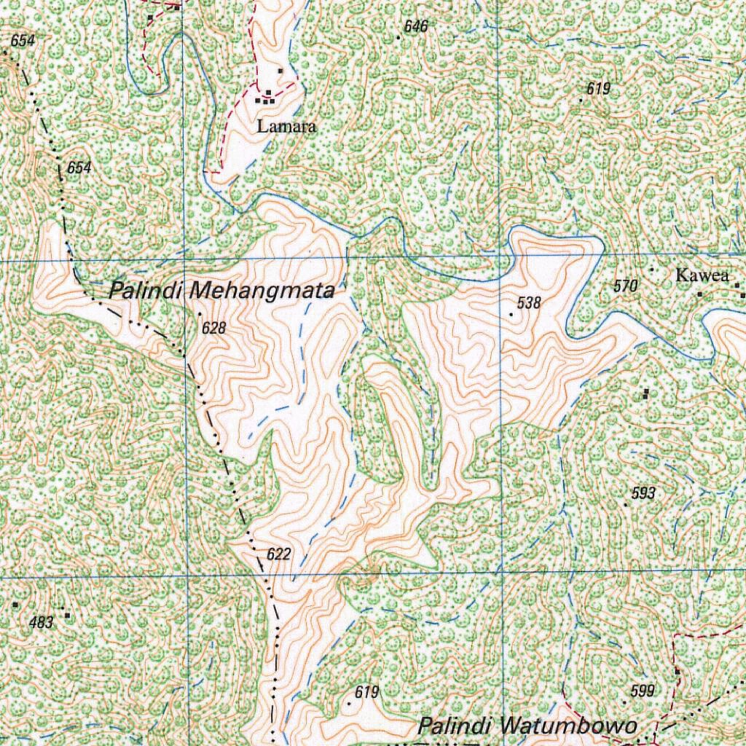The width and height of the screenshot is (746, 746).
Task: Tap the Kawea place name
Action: [x=702, y=275]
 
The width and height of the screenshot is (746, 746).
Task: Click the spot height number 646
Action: [x=415, y=27]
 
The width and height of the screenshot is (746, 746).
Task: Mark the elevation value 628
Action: [x=214, y=329]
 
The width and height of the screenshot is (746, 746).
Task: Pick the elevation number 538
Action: [x=529, y=303]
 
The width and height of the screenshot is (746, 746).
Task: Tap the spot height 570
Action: [x=626, y=286]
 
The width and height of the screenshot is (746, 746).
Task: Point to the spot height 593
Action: [x=643, y=494]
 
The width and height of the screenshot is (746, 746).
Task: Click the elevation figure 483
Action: [x=42, y=622]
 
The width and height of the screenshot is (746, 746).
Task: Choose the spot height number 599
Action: [x=642, y=691]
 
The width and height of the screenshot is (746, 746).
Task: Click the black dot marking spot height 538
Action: [x=511, y=315]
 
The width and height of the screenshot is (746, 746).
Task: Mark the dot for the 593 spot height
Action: [x=626, y=504]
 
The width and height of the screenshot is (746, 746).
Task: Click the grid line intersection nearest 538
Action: [x=500, y=257]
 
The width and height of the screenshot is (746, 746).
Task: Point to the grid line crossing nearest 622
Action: [x=185, y=576]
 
